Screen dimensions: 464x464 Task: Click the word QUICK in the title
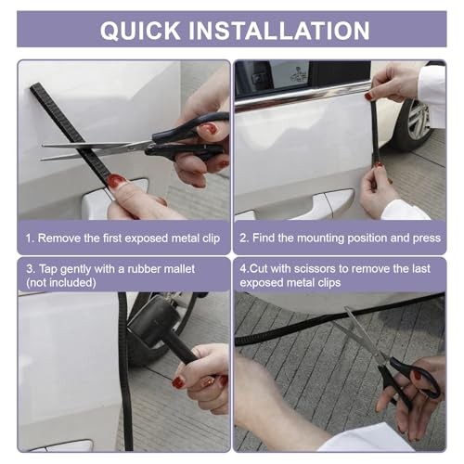point(140,31)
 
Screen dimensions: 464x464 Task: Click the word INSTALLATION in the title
point(279,31)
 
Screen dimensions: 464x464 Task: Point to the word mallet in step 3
point(179,269)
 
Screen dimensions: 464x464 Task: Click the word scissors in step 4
point(314,269)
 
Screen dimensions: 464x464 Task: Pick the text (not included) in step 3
point(61,282)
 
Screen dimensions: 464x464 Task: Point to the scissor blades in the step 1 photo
point(97,150)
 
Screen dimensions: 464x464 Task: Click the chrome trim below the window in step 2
point(303,95)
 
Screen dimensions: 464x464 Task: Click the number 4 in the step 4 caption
point(243,269)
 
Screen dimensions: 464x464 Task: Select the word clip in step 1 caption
point(212,238)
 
